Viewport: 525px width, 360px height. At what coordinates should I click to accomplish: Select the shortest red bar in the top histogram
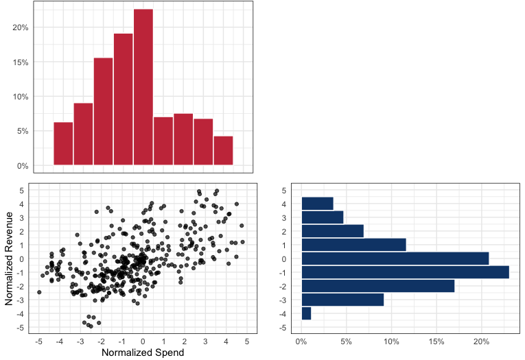[223, 151]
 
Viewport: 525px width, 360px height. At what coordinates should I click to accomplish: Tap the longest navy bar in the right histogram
[405, 272]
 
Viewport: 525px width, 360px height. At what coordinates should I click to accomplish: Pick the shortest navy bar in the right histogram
[306, 313]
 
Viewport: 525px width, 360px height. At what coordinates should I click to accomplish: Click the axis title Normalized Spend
[143, 352]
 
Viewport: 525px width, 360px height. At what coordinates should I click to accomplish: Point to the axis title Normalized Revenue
[9, 259]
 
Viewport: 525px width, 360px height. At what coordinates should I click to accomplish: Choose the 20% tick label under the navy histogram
[481, 341]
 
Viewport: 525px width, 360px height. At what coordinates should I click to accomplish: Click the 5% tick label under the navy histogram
[347, 341]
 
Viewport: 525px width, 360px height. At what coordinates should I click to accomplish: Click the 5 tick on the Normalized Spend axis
[246, 341]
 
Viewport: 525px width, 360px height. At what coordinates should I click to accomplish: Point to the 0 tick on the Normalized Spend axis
[143, 341]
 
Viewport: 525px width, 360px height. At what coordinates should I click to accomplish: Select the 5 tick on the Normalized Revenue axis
[22, 190]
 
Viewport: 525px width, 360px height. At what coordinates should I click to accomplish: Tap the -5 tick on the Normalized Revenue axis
[21, 328]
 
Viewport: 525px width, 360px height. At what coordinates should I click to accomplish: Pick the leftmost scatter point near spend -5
[39, 292]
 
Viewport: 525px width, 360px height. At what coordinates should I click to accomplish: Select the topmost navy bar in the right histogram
[317, 204]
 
